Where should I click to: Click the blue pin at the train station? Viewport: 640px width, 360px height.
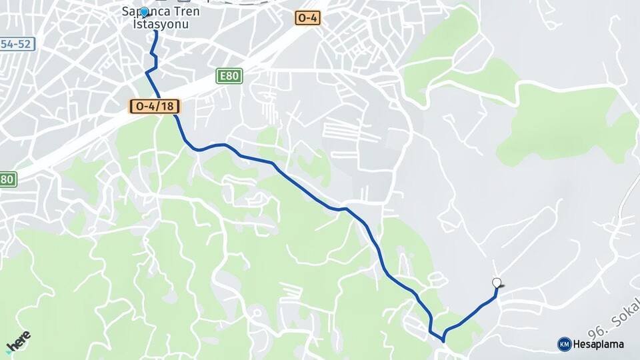pos(143,12)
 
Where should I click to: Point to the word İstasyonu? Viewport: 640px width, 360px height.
pos(161,24)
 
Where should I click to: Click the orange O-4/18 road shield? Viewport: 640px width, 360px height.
pos(154,106)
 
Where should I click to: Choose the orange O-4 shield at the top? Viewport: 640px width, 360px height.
pos(307,18)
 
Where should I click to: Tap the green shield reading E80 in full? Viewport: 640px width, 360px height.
pos(229,76)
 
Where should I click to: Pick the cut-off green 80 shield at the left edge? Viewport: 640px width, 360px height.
pos(7,179)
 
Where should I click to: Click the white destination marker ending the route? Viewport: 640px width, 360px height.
pos(497,283)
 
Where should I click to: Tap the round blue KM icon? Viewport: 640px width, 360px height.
pos(564,344)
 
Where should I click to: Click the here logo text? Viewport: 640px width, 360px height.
pos(20,338)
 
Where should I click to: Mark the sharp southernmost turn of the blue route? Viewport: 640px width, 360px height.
pos(443,341)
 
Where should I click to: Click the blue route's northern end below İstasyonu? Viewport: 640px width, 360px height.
pos(155,32)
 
